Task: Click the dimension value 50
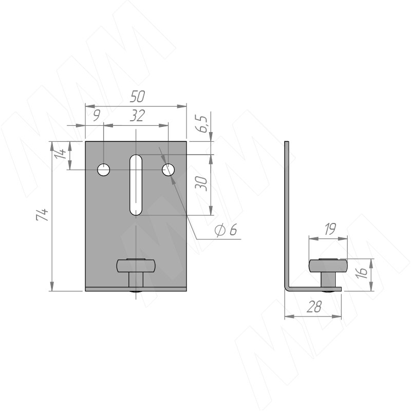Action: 137,97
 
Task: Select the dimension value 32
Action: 137,116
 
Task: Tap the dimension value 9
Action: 97,116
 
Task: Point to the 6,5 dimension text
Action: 202,124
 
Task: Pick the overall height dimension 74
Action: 42,215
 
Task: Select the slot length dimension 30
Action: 201,183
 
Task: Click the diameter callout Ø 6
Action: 226,230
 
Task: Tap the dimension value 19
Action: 330,229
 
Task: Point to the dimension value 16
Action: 362,273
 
